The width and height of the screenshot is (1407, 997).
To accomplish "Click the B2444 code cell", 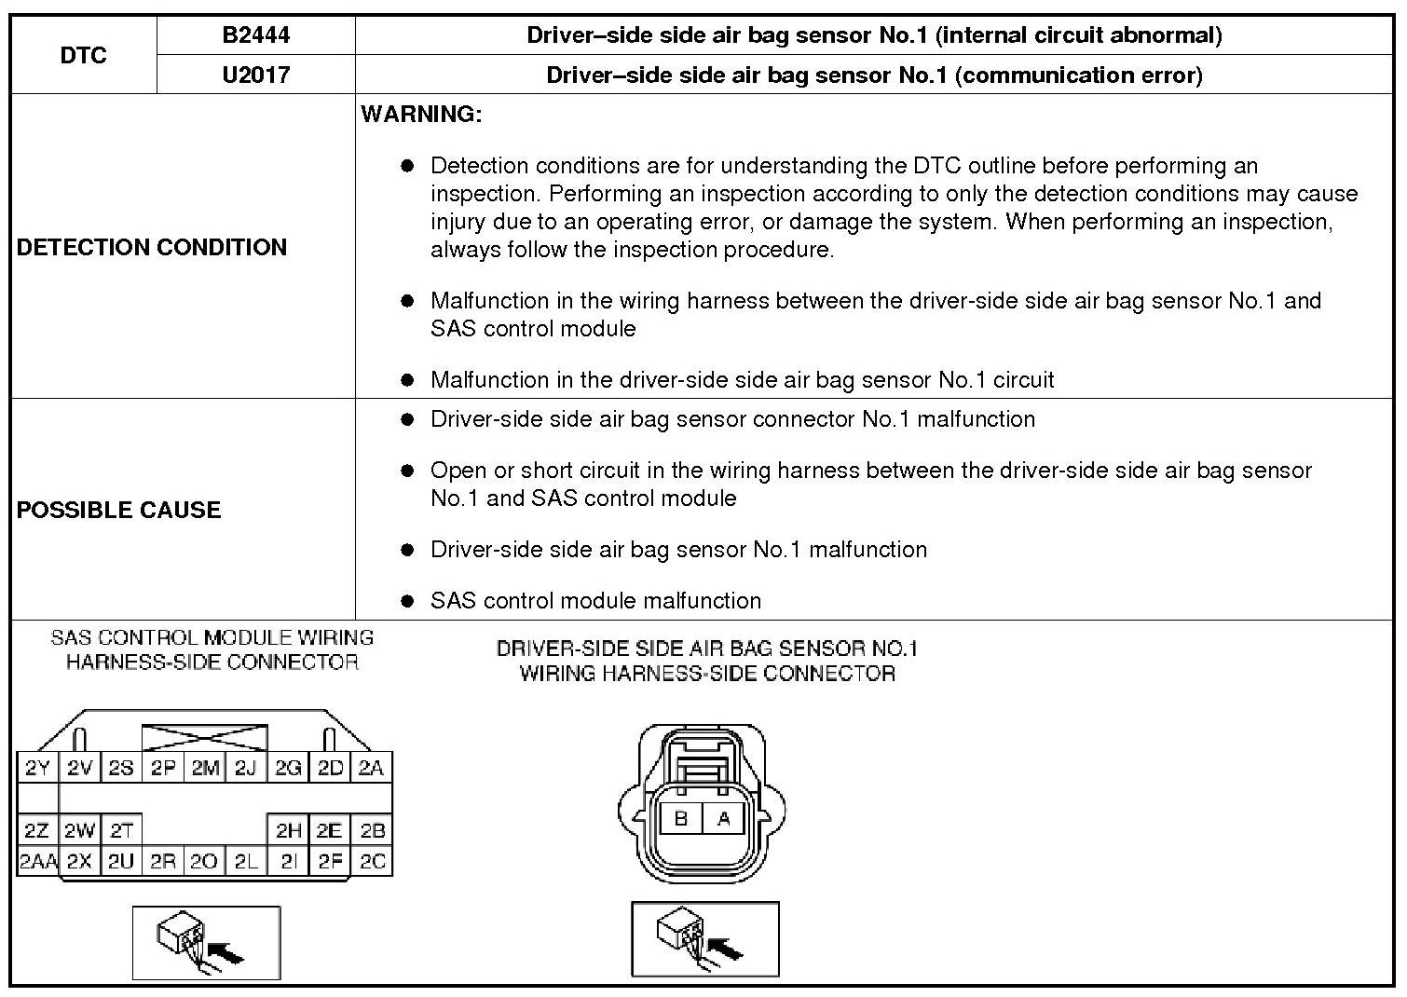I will click(x=255, y=35).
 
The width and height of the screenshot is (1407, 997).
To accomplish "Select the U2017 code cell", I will click(x=255, y=75).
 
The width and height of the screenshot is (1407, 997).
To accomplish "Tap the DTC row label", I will click(x=84, y=55).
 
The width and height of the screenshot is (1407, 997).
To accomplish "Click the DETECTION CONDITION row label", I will click(x=152, y=247).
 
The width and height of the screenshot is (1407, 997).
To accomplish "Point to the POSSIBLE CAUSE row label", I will click(x=119, y=510).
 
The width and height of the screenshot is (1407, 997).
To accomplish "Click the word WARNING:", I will click(x=421, y=115).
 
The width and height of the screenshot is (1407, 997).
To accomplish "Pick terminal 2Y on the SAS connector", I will click(x=37, y=768).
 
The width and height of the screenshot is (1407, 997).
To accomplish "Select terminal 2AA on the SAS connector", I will click(x=37, y=861).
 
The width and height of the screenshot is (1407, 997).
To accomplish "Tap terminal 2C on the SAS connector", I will click(x=372, y=861).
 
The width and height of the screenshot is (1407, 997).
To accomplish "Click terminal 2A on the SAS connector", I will click(x=371, y=768).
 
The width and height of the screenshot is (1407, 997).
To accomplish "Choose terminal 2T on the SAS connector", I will click(x=121, y=830).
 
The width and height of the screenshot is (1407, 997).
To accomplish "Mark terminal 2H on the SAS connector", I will click(x=289, y=830).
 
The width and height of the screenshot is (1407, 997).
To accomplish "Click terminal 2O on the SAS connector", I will click(x=203, y=861).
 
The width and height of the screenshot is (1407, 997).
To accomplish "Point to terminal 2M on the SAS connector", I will click(x=205, y=768).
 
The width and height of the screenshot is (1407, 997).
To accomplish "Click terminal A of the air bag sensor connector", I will click(x=723, y=819).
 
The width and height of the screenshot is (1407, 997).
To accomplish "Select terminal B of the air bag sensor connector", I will click(x=681, y=819).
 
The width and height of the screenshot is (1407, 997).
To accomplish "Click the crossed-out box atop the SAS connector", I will click(x=205, y=738).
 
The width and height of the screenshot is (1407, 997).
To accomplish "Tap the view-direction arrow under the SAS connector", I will click(x=225, y=952).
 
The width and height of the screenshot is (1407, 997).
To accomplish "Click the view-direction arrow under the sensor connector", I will click(x=725, y=949).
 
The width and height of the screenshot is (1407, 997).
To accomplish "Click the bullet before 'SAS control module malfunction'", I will click(x=406, y=601).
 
